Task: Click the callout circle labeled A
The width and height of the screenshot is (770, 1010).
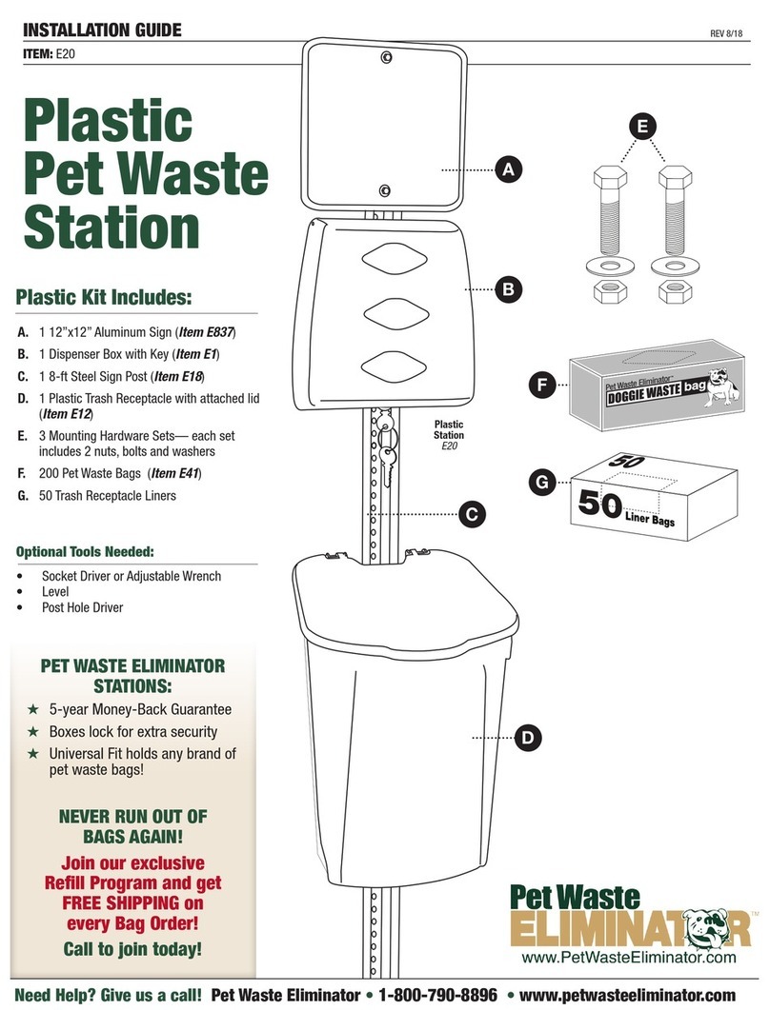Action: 508,170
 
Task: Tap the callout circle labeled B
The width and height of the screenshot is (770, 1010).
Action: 508,288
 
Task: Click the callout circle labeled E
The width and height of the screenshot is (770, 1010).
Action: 644,126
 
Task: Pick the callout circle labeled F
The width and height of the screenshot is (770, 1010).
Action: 541,386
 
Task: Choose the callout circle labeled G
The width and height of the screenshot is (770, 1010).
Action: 541,483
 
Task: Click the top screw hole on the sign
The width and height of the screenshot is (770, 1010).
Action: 386,58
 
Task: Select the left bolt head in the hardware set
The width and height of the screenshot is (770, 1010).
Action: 610,178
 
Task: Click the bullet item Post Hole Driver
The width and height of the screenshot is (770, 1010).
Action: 82,607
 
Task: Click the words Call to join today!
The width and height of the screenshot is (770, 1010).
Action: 133,949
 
